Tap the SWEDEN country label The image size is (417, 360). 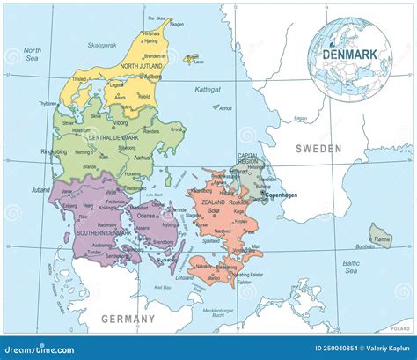(318, 149)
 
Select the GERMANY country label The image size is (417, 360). (127, 318)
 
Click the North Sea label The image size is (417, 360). (33, 55)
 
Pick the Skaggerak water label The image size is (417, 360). (105, 43)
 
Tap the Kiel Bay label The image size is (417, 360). (162, 288)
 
